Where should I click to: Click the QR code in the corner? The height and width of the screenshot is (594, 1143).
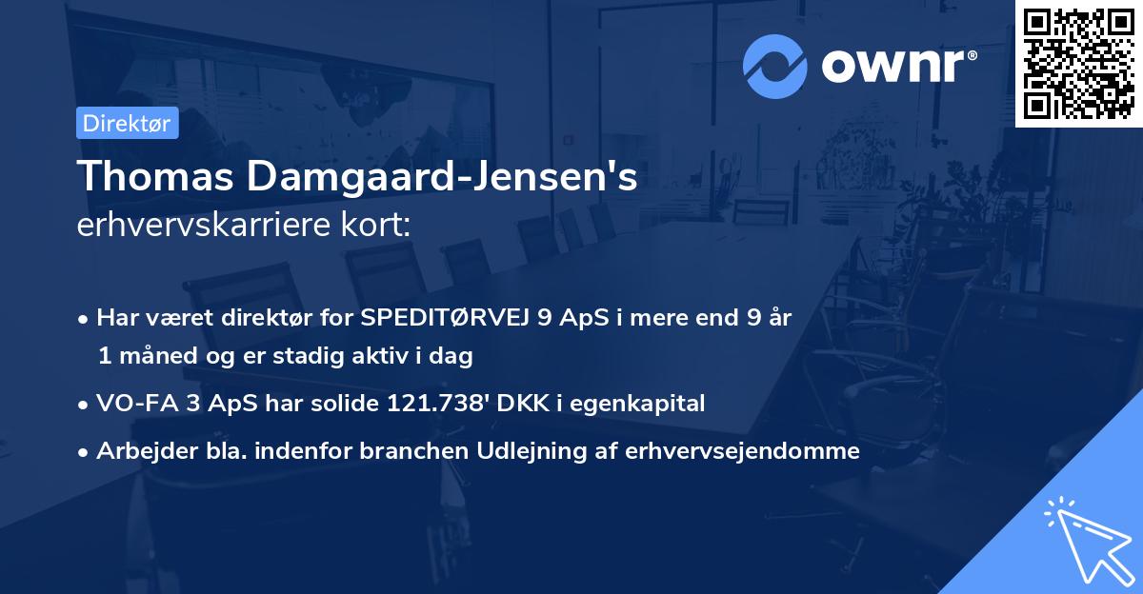click(1078, 64)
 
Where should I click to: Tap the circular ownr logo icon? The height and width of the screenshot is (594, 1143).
click(773, 67)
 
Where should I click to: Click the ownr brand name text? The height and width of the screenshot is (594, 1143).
click(896, 68)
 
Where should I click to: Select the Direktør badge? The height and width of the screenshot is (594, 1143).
click(127, 123)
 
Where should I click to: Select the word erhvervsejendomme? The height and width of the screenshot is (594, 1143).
click(743, 451)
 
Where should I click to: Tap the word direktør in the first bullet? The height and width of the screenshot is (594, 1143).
click(242, 318)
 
